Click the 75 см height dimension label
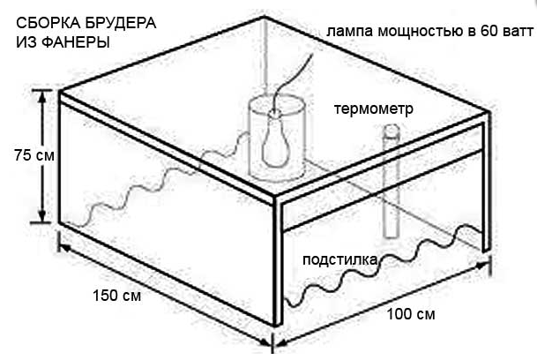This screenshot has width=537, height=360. [34, 155]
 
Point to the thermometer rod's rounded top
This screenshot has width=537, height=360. [391, 131]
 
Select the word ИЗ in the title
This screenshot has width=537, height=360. [26, 41]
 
